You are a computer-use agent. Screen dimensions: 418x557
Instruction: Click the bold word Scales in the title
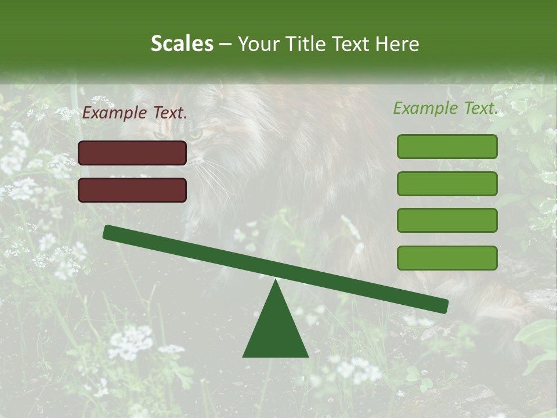pos(182,44)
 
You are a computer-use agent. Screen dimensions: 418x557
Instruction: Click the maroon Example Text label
pos(135,113)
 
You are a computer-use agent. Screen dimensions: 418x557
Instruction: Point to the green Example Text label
pos(446,108)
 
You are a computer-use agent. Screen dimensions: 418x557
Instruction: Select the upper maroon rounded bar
pos(132,153)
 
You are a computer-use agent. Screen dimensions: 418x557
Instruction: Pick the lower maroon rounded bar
pos(132,190)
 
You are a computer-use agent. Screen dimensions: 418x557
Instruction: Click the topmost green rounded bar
pos(447,146)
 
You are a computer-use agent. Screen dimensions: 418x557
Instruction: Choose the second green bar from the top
pos(447,183)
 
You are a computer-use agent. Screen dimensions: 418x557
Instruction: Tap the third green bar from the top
pos(447,221)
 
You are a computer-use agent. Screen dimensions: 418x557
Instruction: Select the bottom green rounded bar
pos(447,258)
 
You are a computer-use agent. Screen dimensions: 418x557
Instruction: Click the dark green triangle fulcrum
pos(276,331)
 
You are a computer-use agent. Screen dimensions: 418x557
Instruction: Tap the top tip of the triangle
pos(276,282)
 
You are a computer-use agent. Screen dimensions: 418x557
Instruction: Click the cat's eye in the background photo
pos(196,134)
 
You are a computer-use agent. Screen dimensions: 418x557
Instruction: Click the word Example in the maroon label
pos(115,113)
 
